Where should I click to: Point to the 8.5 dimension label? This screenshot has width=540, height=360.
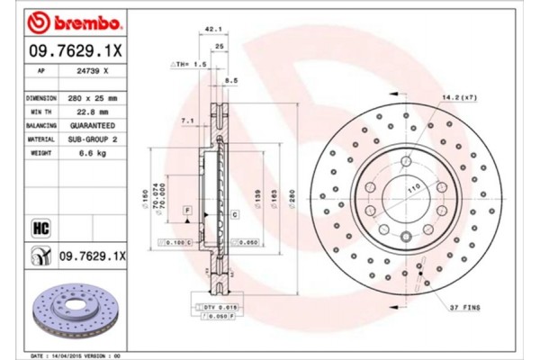(x=230, y=82)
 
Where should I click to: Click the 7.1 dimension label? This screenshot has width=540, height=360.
(x=188, y=120)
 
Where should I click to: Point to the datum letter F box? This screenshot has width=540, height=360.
(x=187, y=210)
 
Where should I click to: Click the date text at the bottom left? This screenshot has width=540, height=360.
(x=68, y=355)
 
